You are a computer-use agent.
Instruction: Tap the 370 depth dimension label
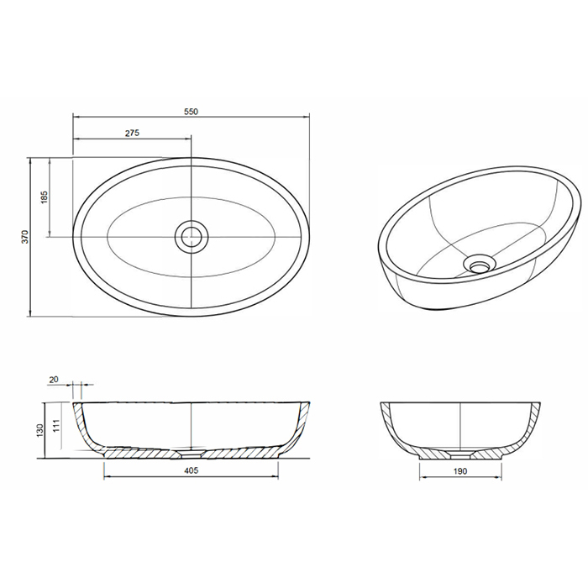pyautogui.click(x=25, y=237)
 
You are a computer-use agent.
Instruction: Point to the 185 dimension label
pyautogui.click(x=45, y=197)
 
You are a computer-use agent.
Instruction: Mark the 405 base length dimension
pyautogui.click(x=192, y=471)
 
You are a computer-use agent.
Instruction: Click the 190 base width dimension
pyautogui.click(x=460, y=471)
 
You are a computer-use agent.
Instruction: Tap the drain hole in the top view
pyautogui.click(x=192, y=236)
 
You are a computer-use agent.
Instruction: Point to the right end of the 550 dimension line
pyautogui.click(x=311, y=118)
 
